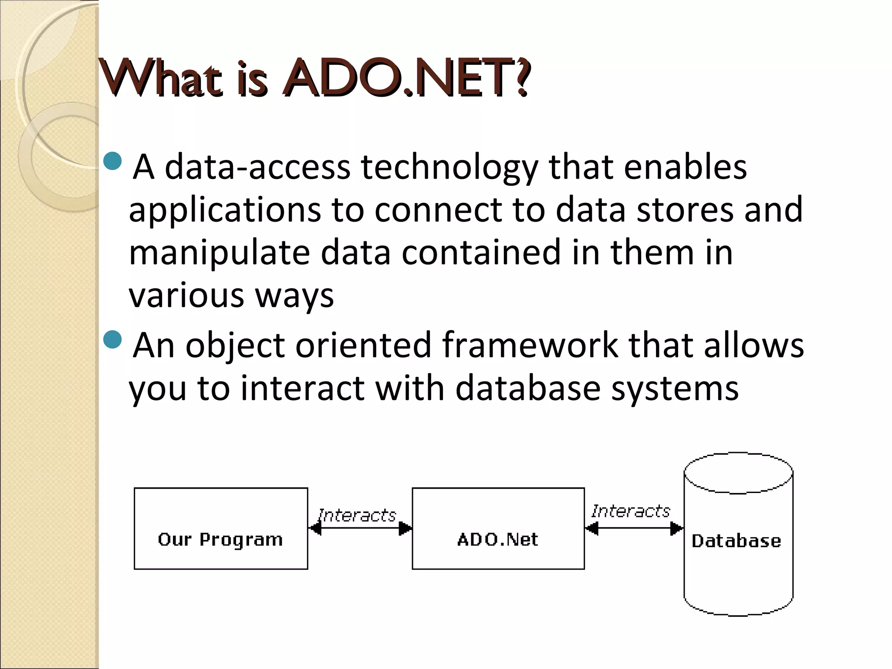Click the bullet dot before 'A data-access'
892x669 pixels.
[x=114, y=161]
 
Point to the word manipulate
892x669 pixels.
[x=219, y=253]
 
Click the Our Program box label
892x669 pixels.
[x=220, y=540]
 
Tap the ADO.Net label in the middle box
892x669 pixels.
[x=497, y=540]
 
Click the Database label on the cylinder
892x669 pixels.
[x=736, y=541]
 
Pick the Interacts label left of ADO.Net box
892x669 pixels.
[x=357, y=515]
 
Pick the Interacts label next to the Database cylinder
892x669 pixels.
[x=631, y=511]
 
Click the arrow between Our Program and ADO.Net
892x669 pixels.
[x=360, y=528]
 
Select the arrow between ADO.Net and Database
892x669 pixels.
[x=634, y=528]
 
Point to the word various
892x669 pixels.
[x=186, y=296]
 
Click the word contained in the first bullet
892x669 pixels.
[x=481, y=253]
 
